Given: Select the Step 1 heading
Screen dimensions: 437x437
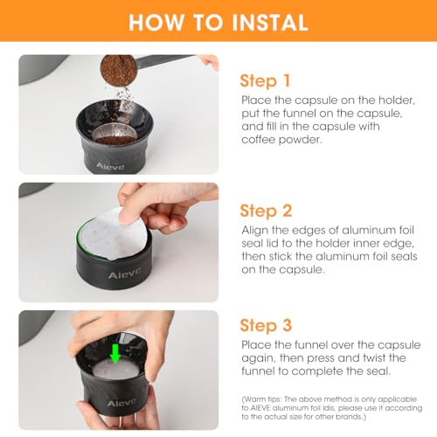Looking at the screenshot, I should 266,80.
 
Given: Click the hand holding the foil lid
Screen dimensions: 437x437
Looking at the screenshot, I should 162,203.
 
